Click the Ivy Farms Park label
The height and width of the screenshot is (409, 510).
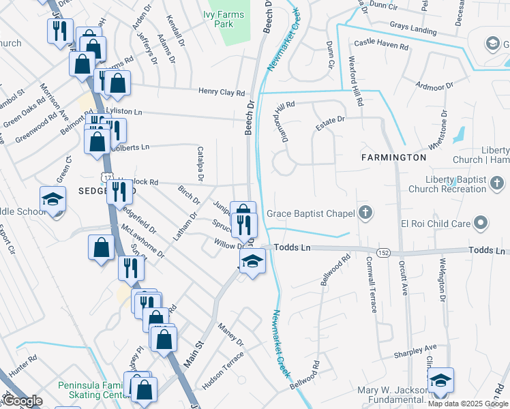pyautogui.click(x=218, y=18)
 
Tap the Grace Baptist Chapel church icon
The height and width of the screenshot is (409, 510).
pyautogui.click(x=366, y=213)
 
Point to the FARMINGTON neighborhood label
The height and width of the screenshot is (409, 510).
pyautogui.click(x=394, y=157)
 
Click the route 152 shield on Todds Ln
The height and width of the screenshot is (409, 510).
pyautogui.click(x=385, y=252)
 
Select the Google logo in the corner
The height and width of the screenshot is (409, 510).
pyautogui.click(x=22, y=401)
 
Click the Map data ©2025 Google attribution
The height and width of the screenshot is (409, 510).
pyautogui.click(x=468, y=404)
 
